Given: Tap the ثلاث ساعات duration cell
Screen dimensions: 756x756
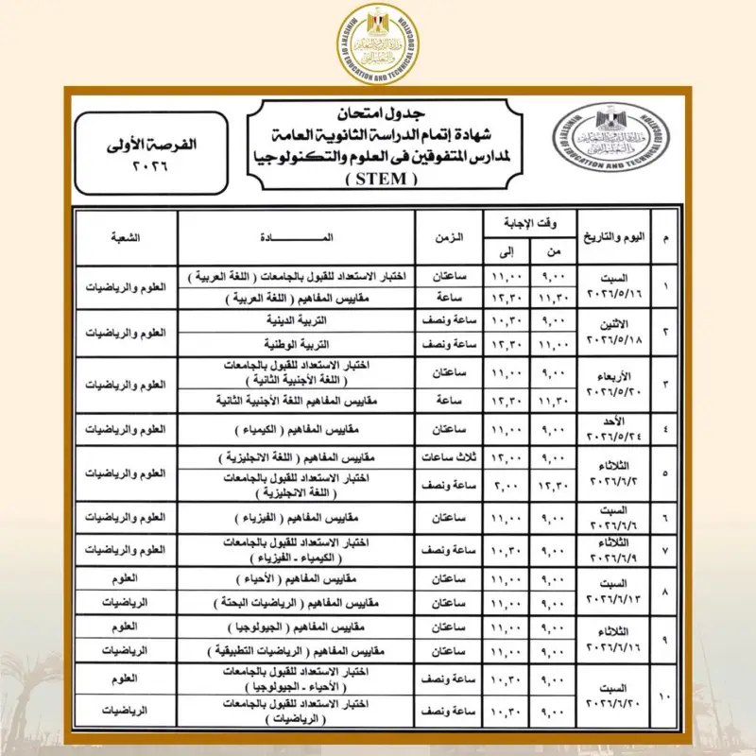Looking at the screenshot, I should tap(450, 458).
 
